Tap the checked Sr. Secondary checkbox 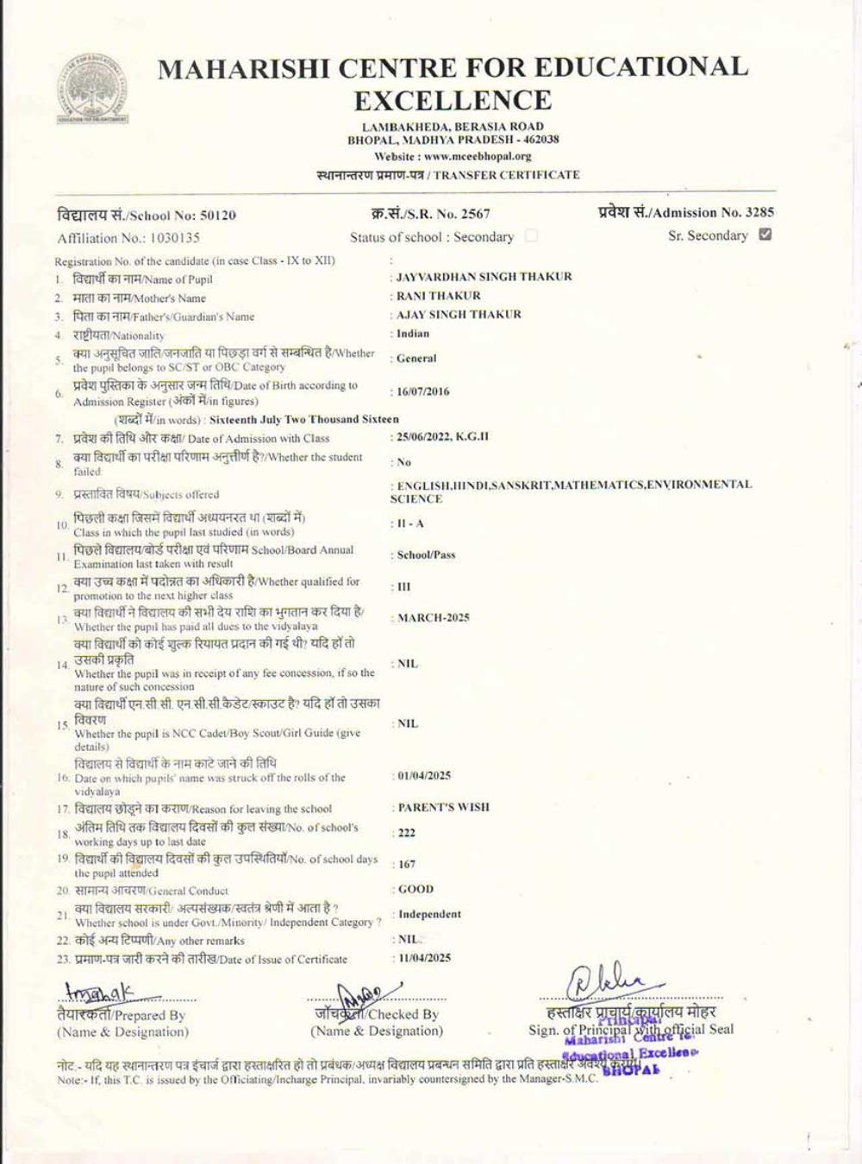coord(765,235)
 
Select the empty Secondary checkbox coord(531,235)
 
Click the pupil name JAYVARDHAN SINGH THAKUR coord(484,277)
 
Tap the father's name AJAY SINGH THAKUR coord(459,315)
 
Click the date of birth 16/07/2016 coord(422,391)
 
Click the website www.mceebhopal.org coord(478,157)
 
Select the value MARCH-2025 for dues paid coord(433,618)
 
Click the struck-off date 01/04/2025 coord(424,776)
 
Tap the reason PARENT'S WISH coord(443,808)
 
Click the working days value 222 coord(407,833)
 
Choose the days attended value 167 coord(407,864)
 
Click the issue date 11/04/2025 coord(424,958)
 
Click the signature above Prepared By coord(99,993)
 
